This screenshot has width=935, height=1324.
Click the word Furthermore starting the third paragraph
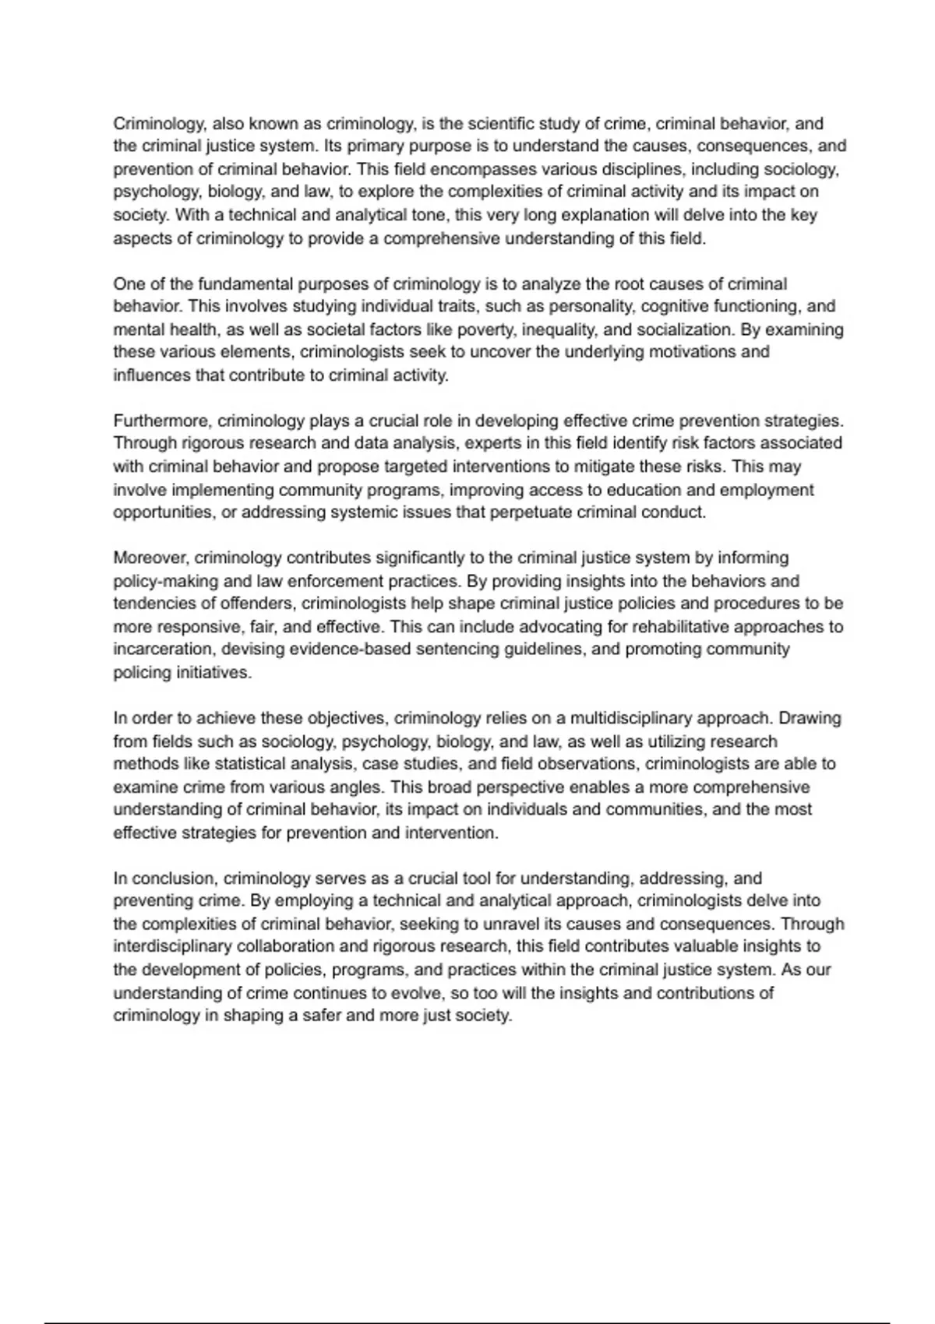coord(162,421)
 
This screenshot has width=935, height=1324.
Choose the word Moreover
coord(150,558)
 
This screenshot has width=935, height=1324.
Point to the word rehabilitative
coord(695,627)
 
